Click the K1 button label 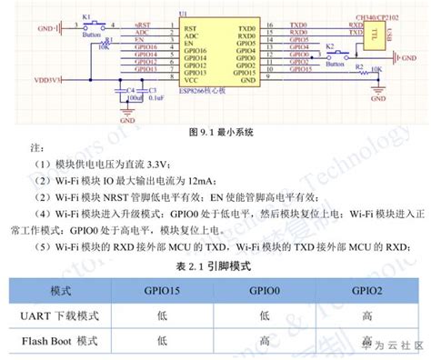click(86, 17)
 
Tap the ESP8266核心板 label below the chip click(209, 93)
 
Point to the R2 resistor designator click(358, 67)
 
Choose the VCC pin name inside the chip click(190, 81)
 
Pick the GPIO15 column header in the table click(162, 292)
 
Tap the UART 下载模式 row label click(61, 315)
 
